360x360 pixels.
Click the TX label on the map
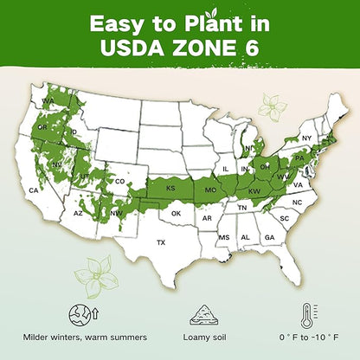160,243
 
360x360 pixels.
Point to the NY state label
305,138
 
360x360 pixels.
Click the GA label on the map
269,237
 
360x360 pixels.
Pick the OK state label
176,213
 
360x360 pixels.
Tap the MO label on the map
210,188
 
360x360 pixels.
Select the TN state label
242,208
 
